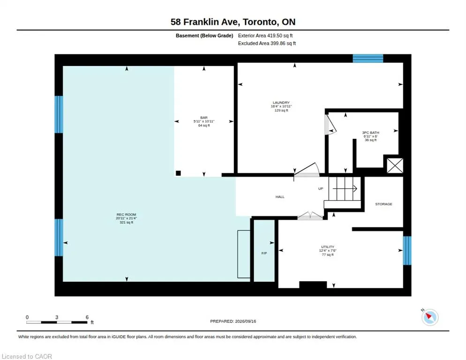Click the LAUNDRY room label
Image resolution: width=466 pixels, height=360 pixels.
(281, 103)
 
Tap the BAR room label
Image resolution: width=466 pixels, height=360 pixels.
(204, 118)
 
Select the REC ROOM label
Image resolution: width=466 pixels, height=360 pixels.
(126, 214)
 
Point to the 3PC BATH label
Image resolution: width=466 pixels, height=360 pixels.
(371, 133)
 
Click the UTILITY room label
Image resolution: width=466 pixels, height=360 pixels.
(328, 247)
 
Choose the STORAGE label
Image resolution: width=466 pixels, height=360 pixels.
(383, 204)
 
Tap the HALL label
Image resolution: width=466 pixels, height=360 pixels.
(280, 197)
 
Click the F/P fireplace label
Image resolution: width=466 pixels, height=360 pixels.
(264, 253)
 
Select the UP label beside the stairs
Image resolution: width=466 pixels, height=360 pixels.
(321, 188)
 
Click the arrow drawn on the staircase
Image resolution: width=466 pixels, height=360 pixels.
(345, 188)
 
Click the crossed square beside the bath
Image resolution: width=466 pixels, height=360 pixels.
(395, 165)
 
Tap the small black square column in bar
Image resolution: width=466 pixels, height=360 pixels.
(178, 173)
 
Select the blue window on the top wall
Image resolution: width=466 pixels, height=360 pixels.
(368, 58)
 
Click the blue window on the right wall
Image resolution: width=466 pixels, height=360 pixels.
(407, 250)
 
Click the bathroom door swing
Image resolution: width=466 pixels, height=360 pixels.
(330, 124)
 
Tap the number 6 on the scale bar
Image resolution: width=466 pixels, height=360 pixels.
(87, 317)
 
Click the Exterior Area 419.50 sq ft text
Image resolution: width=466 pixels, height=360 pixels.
(265, 36)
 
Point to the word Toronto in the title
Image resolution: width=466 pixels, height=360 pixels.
(259, 22)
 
